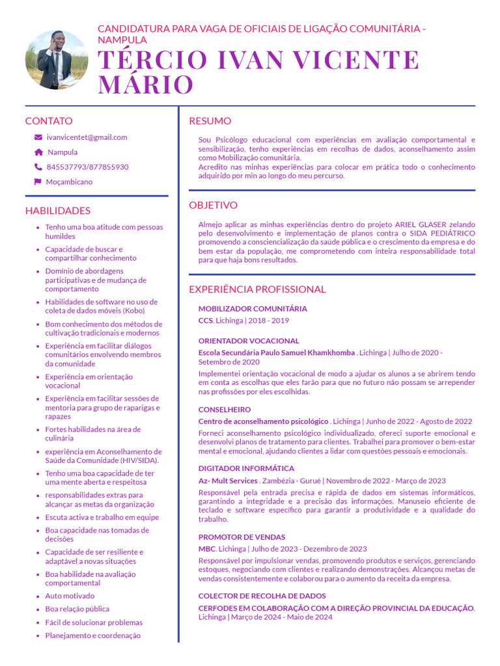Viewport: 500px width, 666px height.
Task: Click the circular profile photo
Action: coord(57,60)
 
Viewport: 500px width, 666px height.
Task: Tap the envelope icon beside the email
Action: coord(38,138)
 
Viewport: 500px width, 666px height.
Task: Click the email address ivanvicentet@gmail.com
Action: coord(87,137)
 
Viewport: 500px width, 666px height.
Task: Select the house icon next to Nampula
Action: coord(38,152)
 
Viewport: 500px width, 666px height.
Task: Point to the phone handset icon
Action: coord(38,167)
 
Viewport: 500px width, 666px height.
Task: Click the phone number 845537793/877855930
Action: coord(87,167)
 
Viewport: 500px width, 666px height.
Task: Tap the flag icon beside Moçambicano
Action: coord(38,182)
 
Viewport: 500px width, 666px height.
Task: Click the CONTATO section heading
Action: coord(49,121)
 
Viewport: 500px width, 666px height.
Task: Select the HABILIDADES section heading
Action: coord(58,211)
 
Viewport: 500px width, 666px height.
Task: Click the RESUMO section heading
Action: coord(210,121)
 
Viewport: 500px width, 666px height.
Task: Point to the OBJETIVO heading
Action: coord(213,206)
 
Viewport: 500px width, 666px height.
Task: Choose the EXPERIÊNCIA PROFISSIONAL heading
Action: coord(257,289)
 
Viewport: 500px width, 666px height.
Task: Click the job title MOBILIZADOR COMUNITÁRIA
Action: coord(253,309)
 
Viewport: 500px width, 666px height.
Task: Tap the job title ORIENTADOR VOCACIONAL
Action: coord(249,341)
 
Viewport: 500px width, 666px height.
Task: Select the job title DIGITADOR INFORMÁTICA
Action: coord(246,468)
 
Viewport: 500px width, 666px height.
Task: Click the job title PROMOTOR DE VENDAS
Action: coord(242,537)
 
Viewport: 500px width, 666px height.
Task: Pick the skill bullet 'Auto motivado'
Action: coord(70,596)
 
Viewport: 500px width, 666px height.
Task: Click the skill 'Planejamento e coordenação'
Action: coord(92,635)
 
